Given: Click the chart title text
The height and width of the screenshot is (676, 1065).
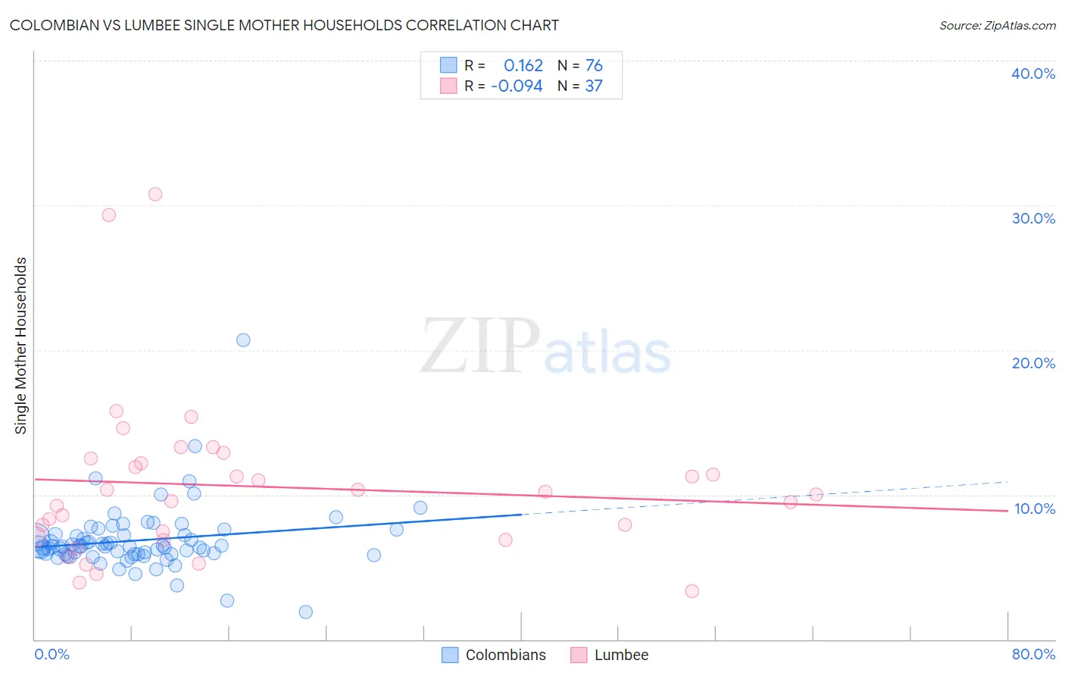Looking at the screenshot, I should coord(284,25).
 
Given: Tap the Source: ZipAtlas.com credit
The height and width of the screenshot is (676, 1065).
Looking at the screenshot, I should coord(997,25).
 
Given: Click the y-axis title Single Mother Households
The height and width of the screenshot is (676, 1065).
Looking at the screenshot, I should coord(21,346).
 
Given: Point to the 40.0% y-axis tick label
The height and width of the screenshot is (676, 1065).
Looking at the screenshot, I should coord(1033,74).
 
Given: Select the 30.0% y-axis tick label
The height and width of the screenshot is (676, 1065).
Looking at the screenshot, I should coord(1033,218).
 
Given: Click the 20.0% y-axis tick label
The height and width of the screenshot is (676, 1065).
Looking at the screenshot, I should coord(1033,363).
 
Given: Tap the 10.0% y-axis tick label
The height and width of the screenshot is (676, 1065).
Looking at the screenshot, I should coord(1033,509).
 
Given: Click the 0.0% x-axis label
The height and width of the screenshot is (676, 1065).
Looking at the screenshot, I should coord(52,654).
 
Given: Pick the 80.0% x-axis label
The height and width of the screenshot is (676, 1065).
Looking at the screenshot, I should coord(1033,654).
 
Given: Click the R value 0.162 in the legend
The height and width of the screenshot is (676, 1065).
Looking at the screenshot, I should coord(523,66).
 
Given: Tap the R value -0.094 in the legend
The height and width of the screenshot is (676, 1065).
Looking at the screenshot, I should coord(517,86).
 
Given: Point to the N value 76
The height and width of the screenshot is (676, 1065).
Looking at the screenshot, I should coord(594,66).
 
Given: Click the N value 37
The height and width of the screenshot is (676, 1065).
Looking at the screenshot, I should coord(594,86).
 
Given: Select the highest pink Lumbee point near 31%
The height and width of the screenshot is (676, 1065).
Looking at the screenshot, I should coord(155,194).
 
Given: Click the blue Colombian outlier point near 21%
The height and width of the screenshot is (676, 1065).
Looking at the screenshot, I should coord(243,340).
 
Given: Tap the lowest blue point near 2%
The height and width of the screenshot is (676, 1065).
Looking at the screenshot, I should coord(306,612).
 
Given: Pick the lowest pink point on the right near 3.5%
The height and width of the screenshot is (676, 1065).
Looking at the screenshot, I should coord(692,591).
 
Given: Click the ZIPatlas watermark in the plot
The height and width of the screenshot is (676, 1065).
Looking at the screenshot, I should coord(545,347).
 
